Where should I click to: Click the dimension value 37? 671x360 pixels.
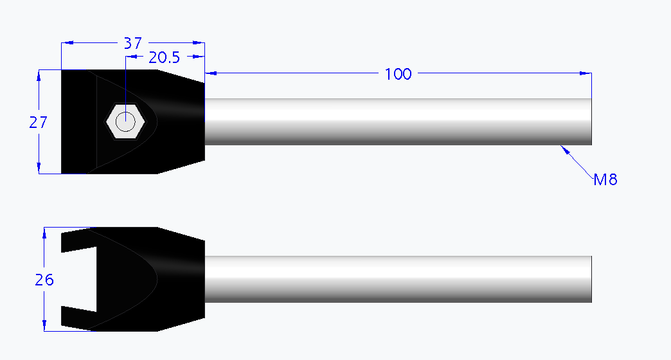132,43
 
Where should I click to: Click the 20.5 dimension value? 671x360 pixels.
164,58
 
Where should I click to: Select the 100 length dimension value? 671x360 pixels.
398,74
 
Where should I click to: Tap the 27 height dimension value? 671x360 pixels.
39,122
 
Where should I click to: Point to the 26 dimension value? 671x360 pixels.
43,280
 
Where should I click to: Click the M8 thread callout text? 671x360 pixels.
605,179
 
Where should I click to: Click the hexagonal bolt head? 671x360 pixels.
125,120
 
